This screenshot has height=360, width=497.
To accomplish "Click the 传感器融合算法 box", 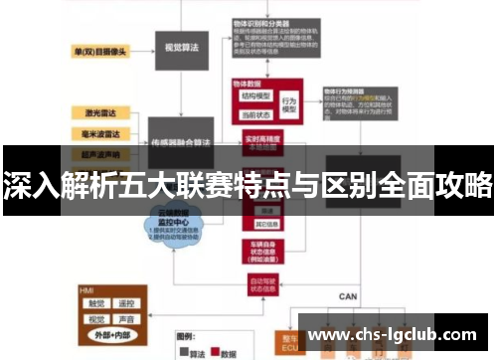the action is [182, 143].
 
